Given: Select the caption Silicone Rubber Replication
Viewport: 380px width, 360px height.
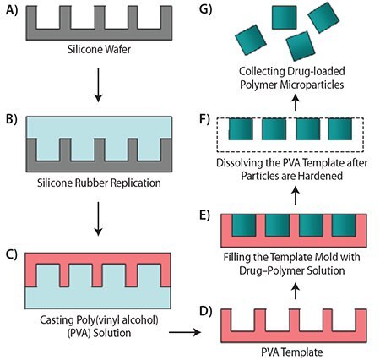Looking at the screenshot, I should click(100, 181).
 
